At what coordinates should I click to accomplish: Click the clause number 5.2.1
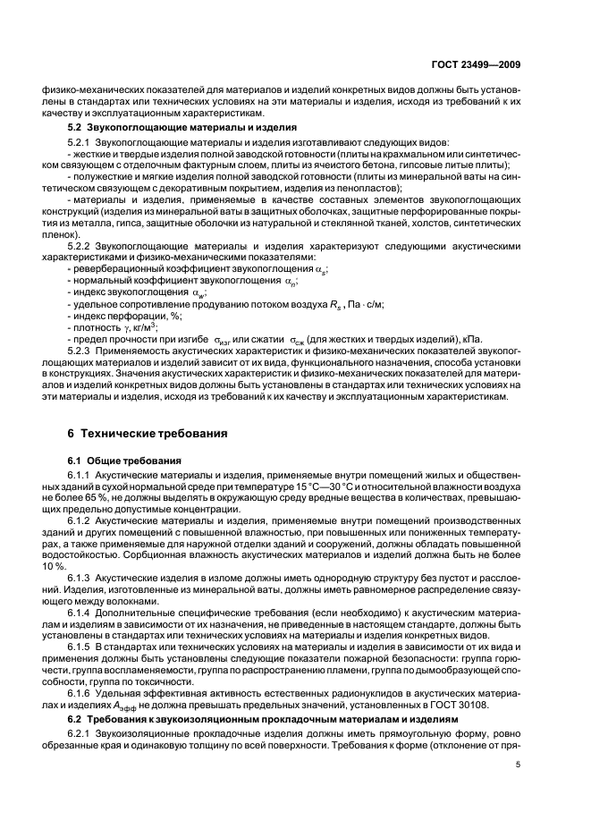pos(80,143)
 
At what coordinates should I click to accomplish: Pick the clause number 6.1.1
pos(80,476)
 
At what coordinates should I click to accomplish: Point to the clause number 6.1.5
pos(80,645)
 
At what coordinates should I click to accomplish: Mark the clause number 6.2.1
pos(80,729)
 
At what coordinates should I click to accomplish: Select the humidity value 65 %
pos(113,496)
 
